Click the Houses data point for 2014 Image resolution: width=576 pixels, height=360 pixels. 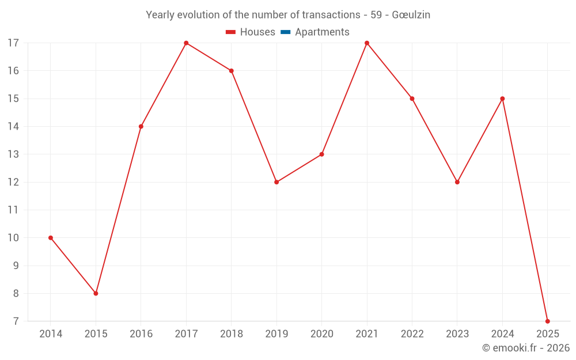tap(51, 238)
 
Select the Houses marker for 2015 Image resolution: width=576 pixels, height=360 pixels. tap(96, 293)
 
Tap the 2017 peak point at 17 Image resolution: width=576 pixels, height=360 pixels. tap(186, 43)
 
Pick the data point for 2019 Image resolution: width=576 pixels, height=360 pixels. tap(276, 182)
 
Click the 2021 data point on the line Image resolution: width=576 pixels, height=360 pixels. tap(367, 43)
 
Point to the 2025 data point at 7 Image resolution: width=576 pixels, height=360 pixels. tap(547, 321)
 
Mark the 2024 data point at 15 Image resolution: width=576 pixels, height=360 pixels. tap(502, 98)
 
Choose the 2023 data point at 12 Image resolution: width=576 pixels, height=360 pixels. tap(457, 182)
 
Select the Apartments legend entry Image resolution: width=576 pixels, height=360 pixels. tap(322, 32)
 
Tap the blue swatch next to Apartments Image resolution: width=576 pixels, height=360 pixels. tap(285, 32)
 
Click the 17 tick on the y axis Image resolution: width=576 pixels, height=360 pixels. tap(13, 43)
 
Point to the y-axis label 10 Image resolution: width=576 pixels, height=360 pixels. tap(13, 238)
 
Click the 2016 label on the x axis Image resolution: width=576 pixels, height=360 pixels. tap(141, 334)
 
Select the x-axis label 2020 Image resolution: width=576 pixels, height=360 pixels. tap(321, 334)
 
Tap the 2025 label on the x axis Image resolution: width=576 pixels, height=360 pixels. tap(547, 334)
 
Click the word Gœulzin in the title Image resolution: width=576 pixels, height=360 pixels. tap(411, 15)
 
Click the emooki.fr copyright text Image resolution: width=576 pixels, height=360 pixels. tap(526, 348)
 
